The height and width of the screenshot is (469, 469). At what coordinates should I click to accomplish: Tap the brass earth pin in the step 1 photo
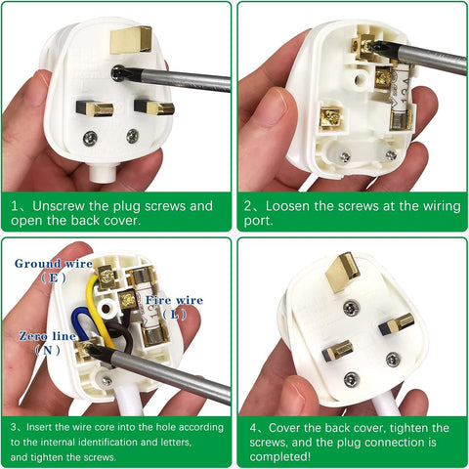[124, 38]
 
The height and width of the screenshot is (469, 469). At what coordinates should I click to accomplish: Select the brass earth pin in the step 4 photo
[343, 271]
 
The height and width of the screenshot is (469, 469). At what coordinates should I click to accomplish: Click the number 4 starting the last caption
[251, 428]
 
